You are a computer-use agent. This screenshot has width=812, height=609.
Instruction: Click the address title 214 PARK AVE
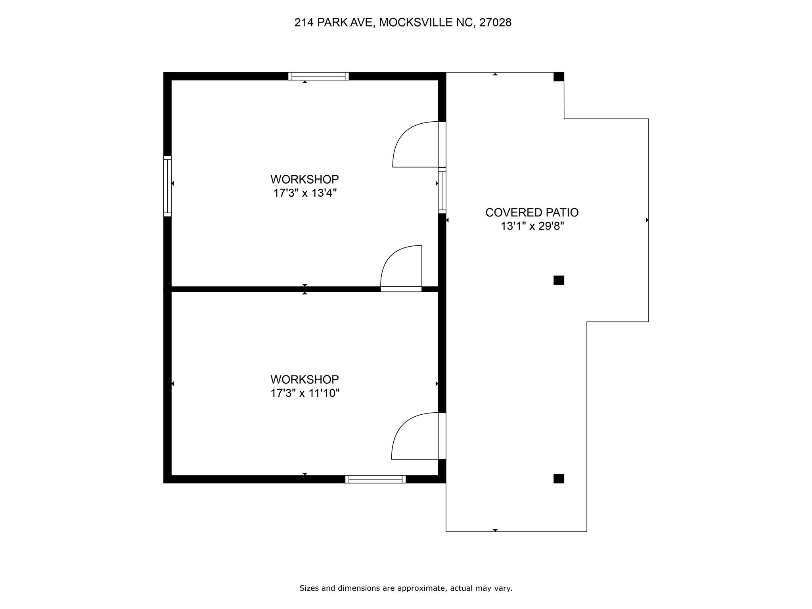coord(333,23)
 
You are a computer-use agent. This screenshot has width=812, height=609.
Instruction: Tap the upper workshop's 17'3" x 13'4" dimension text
coord(305,193)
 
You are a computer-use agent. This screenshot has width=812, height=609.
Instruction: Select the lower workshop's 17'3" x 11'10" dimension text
coord(305,393)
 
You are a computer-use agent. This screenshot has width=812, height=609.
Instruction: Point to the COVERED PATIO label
coord(532,213)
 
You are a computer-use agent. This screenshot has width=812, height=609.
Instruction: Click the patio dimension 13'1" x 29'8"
coord(532,226)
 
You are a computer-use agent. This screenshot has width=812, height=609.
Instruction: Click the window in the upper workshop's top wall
coord(318,76)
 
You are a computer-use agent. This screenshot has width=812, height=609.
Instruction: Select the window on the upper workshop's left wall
coord(168,186)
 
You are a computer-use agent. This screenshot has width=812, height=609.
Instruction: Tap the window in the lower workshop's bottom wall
coord(375,479)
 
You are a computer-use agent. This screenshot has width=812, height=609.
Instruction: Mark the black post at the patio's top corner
coord(559,77)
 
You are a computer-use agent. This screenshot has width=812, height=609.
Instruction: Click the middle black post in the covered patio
coord(559,280)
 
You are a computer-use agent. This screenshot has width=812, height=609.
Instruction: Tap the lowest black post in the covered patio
coord(559,479)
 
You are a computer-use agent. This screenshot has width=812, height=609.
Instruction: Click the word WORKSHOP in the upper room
coord(305,179)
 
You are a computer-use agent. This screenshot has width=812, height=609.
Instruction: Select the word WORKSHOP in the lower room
coord(305,379)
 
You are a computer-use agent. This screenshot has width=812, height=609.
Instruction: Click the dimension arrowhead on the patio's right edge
coord(647,220)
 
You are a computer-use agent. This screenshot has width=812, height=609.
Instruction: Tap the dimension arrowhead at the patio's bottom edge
coord(495,530)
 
